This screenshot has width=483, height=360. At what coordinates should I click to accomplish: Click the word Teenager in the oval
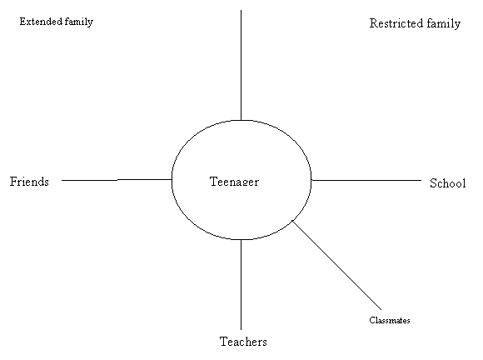(234, 182)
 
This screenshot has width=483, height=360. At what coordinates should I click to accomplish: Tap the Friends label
(29, 181)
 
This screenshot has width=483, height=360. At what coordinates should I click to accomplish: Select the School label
(447, 183)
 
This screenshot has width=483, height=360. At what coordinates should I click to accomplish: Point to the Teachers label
(243, 342)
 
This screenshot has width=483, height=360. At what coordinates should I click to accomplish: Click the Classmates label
(390, 320)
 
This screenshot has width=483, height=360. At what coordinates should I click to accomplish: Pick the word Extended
(41, 22)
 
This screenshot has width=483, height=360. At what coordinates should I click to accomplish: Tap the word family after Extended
(79, 22)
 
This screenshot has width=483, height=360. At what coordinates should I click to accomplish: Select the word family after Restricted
(444, 23)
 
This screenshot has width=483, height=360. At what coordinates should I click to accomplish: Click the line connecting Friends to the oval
(117, 180)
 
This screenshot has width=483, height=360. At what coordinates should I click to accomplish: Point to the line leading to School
(366, 180)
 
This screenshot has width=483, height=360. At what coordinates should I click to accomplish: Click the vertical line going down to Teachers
(241, 284)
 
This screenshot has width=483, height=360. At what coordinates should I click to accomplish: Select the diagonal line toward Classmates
(336, 265)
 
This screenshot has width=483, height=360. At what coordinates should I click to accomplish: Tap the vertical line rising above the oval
(241, 65)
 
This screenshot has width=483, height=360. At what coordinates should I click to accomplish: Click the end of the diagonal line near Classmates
(381, 310)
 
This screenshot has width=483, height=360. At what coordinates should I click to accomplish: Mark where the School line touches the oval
(311, 180)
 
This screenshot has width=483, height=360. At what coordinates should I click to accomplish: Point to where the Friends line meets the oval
(172, 179)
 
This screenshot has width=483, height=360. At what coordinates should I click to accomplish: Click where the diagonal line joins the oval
(292, 220)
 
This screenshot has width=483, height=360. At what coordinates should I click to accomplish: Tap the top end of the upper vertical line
(241, 10)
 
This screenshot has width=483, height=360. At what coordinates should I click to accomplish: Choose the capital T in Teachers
(223, 341)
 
